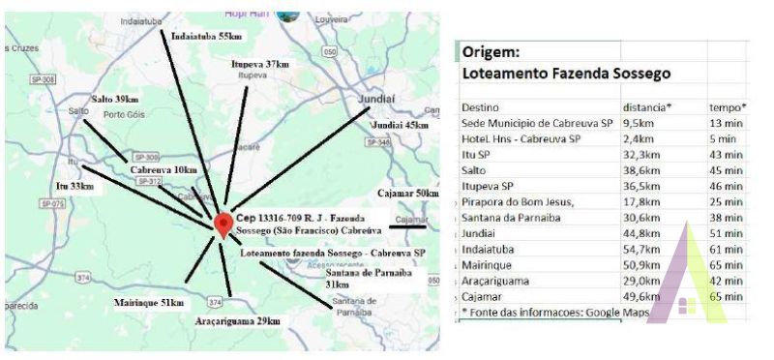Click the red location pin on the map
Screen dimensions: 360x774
223,224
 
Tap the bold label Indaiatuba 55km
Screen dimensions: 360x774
205,36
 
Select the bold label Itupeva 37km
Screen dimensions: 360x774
260,64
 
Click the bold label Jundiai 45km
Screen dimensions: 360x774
400,125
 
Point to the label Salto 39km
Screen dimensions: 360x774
114,100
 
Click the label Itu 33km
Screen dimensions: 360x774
74,185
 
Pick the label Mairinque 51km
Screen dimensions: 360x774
149,303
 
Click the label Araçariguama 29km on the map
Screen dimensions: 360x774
236,320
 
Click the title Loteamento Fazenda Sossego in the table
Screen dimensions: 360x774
566,74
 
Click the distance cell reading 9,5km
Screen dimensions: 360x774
640,123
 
